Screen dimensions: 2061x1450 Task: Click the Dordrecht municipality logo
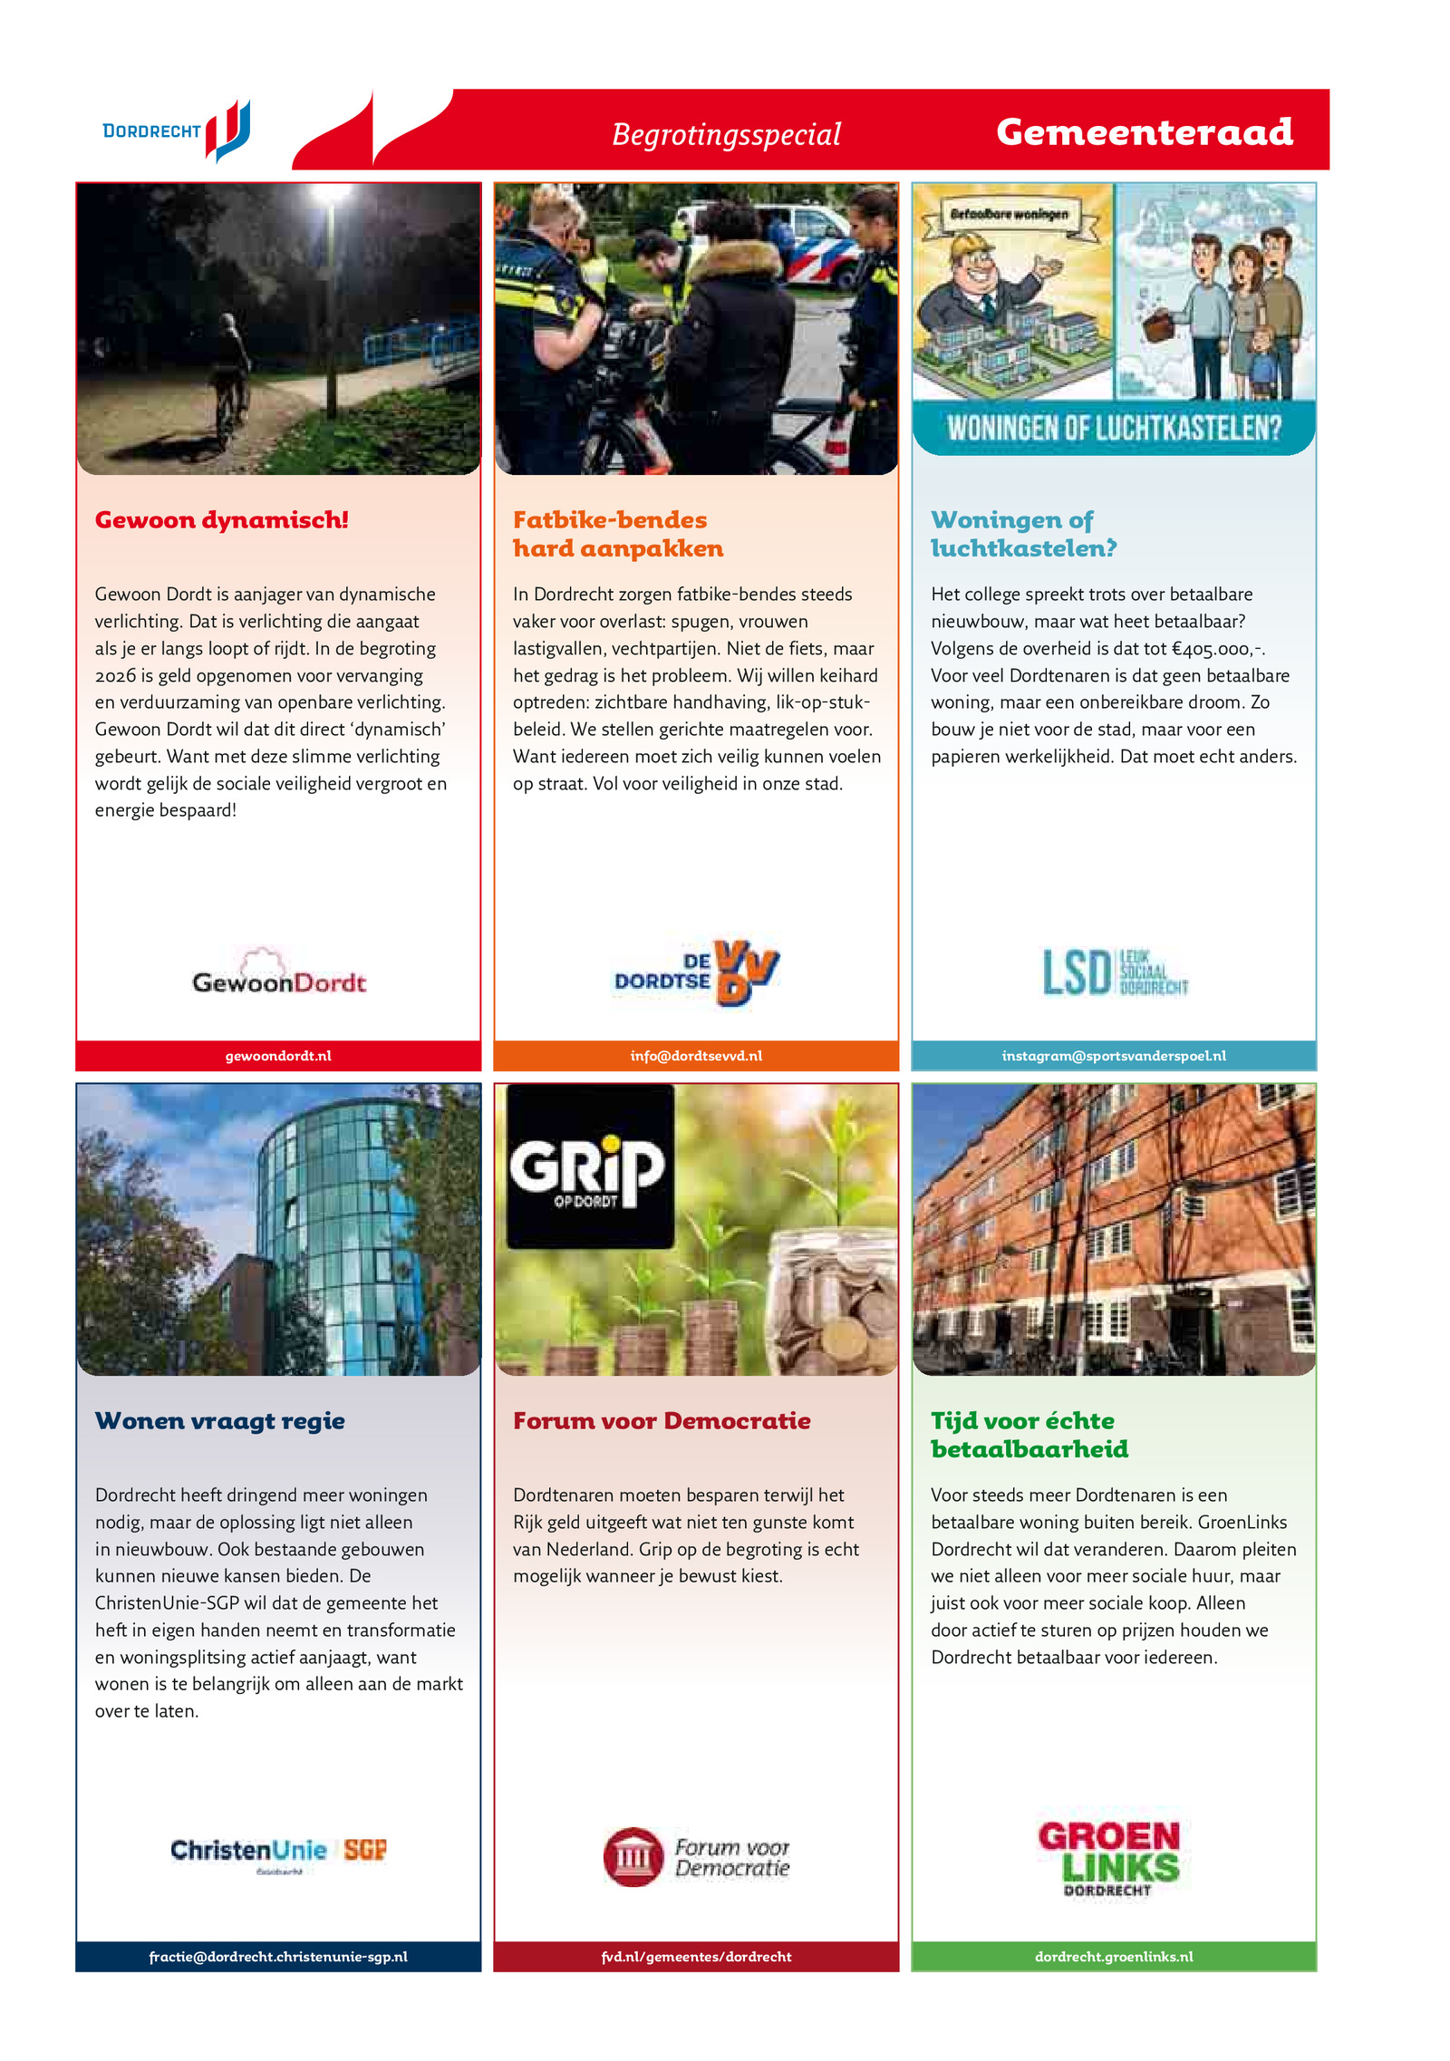[x=177, y=131]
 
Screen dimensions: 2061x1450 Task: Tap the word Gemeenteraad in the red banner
[x=1144, y=132]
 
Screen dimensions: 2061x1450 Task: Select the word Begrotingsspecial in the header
[x=726, y=134]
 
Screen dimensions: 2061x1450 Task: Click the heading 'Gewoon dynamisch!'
[x=221, y=520]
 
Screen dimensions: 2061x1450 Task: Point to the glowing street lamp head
[x=332, y=192]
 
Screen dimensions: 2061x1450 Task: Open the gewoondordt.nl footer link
[x=278, y=1056]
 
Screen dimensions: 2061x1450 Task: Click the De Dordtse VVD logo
[x=696, y=972]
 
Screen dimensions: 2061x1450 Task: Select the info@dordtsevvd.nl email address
[x=696, y=1056]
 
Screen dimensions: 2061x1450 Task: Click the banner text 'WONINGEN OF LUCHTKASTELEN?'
[x=1114, y=428]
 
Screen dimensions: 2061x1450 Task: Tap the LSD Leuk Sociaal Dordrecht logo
[x=1114, y=972]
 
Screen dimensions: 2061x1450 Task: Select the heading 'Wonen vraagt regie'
[x=220, y=1420]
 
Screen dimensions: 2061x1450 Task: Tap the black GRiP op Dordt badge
[x=589, y=1167]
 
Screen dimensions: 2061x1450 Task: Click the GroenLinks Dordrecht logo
[x=1108, y=1858]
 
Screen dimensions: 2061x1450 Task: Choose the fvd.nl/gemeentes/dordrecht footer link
[x=696, y=1957]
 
